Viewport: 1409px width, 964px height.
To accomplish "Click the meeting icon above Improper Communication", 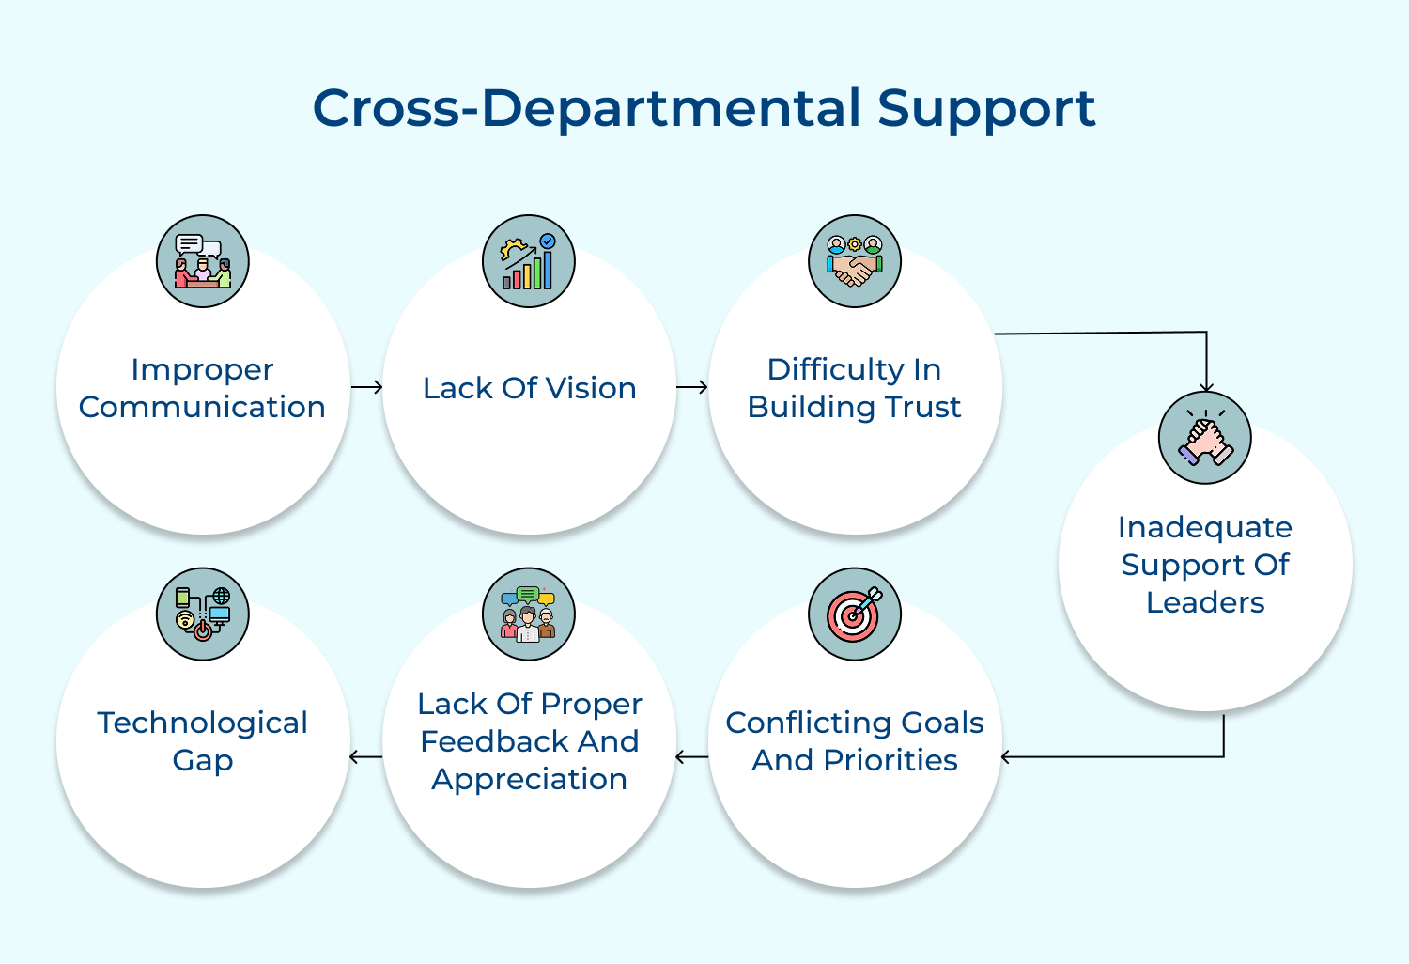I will (x=203, y=261).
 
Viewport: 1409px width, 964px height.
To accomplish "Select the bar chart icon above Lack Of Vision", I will (x=529, y=261).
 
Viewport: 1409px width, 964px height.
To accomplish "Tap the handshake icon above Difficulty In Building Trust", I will (x=855, y=261).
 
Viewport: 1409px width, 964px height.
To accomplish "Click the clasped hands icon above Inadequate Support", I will (x=1205, y=438).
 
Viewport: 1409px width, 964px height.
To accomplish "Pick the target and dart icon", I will (x=855, y=614).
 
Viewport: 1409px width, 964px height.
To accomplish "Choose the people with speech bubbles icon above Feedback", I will (x=529, y=614).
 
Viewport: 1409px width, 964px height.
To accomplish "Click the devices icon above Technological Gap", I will (x=203, y=614).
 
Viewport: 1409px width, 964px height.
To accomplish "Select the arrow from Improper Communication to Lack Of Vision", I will (x=366, y=387).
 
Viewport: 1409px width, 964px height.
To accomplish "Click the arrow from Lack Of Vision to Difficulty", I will (x=692, y=387).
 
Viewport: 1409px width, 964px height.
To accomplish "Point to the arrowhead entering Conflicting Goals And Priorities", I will (x=1006, y=756).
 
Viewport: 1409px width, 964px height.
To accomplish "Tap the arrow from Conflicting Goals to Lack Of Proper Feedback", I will (x=692, y=756).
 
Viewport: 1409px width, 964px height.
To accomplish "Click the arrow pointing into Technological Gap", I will (x=365, y=756).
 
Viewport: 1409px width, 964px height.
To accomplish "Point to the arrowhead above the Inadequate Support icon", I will (x=1206, y=387).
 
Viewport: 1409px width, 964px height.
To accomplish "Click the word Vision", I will (x=591, y=388).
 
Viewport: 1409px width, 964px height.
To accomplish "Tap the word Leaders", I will (x=1205, y=602).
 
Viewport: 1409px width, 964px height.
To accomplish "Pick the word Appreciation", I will (x=529, y=780).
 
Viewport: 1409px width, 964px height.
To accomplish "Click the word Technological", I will (x=203, y=723).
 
